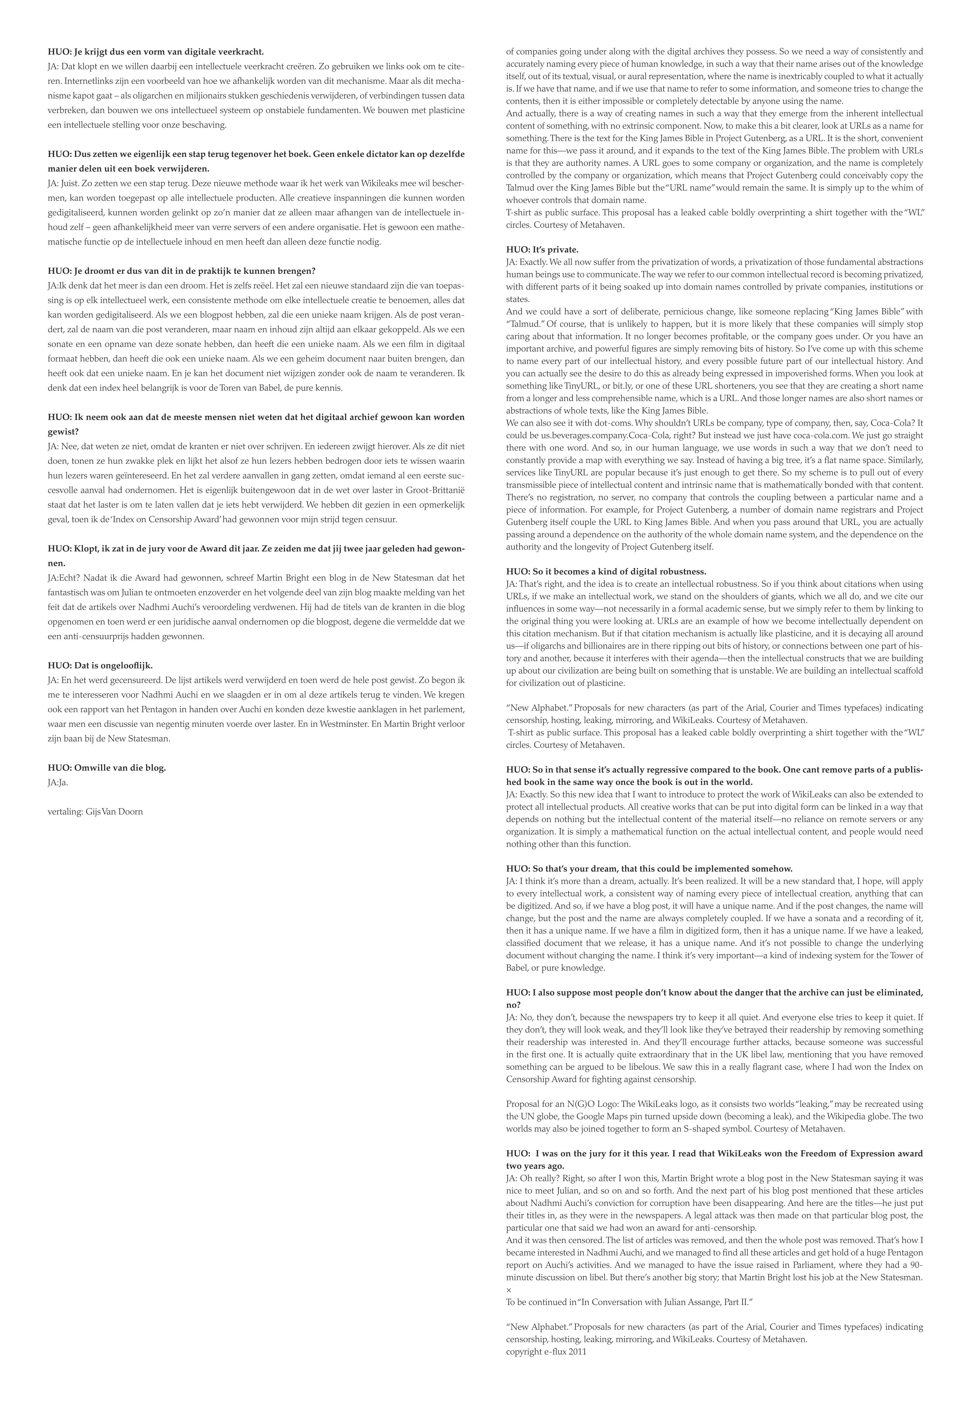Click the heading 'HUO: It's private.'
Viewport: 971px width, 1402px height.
click(x=542, y=250)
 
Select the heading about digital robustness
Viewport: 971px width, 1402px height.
click(x=605, y=572)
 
